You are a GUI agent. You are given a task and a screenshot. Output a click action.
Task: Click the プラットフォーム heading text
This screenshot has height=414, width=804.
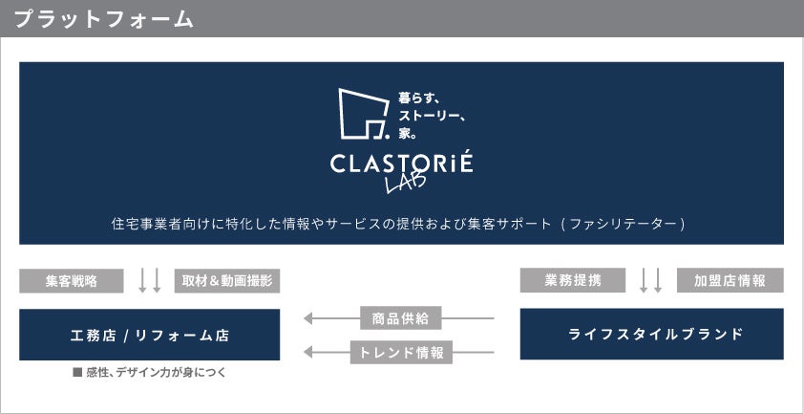pos(104,19)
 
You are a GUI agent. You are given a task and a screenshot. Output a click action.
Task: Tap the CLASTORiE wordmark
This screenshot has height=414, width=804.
pos(401,163)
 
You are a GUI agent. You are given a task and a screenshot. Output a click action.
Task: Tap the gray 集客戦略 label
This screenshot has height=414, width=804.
pos(72,280)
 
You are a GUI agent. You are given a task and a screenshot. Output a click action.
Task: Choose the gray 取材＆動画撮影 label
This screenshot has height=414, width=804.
pos(227,280)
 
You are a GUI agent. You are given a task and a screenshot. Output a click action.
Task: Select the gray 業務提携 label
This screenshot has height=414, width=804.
pos(572,280)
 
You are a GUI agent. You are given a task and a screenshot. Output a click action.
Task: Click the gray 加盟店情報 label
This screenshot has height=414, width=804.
pos(730,280)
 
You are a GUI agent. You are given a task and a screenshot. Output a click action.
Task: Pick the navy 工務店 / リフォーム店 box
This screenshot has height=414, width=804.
pos(150,335)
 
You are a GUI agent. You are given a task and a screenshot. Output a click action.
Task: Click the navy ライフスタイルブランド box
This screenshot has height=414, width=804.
pos(651,334)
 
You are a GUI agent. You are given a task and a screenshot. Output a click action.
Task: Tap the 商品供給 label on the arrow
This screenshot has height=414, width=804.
pos(401,317)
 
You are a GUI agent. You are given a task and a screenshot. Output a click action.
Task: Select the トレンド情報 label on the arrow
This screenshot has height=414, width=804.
pos(401,352)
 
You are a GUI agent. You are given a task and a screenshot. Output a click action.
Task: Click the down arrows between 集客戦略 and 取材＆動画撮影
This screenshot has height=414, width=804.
pos(150,280)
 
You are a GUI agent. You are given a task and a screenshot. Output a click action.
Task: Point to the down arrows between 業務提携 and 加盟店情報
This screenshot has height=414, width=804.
pos(651,280)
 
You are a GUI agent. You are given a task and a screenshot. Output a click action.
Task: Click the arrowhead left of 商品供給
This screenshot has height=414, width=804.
pos(309,317)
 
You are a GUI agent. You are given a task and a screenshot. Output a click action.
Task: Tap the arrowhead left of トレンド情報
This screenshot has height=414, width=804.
pos(309,352)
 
